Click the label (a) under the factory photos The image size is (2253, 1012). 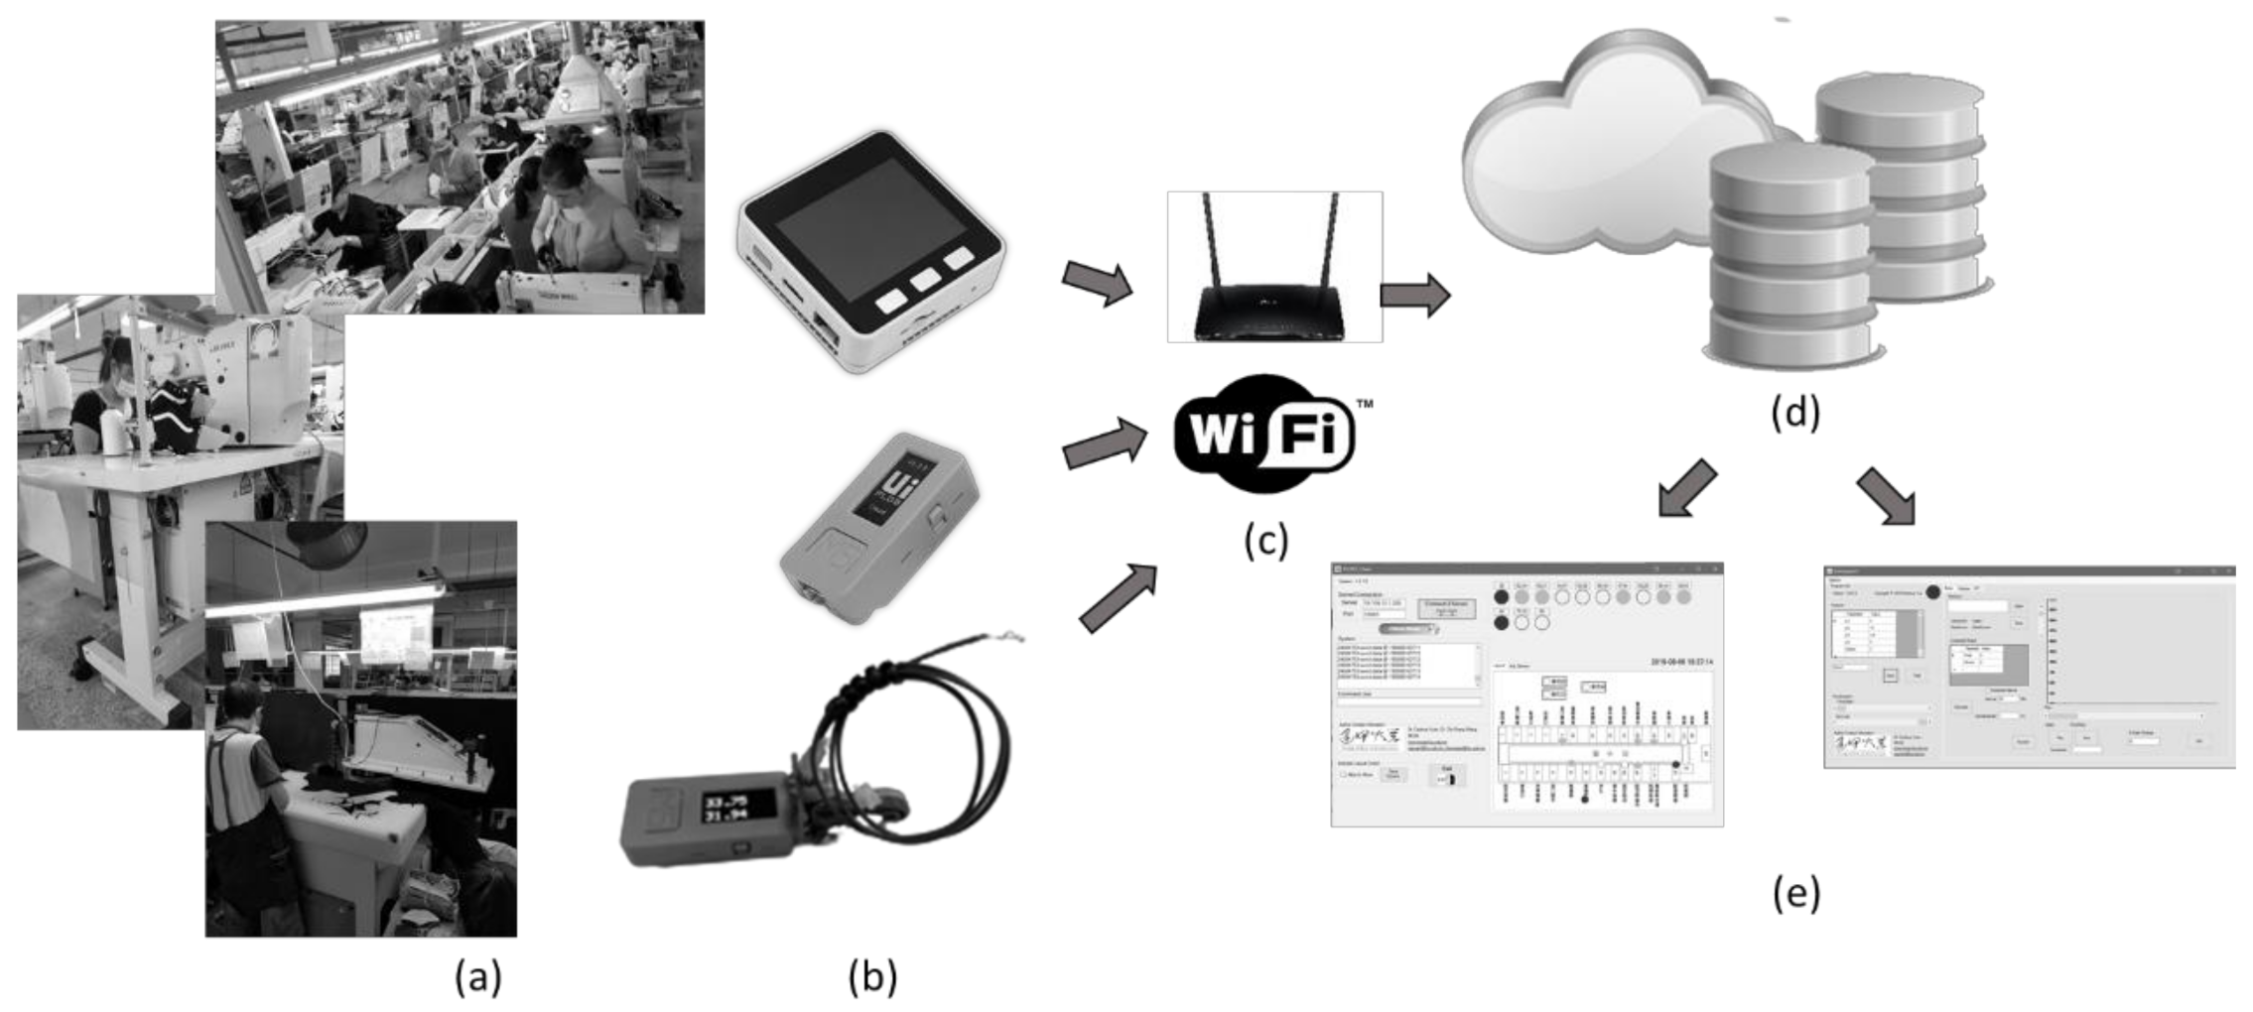[x=477, y=976]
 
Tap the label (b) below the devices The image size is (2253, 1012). [x=871, y=976]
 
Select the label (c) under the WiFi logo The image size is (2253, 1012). [x=1265, y=540]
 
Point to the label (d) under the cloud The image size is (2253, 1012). [x=1794, y=411]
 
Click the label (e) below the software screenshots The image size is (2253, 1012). [x=1795, y=893]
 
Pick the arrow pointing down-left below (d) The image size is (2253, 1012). [x=1686, y=489]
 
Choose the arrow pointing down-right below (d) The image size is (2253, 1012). [x=1887, y=495]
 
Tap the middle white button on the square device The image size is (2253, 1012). [x=925, y=278]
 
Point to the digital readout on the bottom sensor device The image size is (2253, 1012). [x=725, y=807]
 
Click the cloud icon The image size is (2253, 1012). [x=1608, y=149]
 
